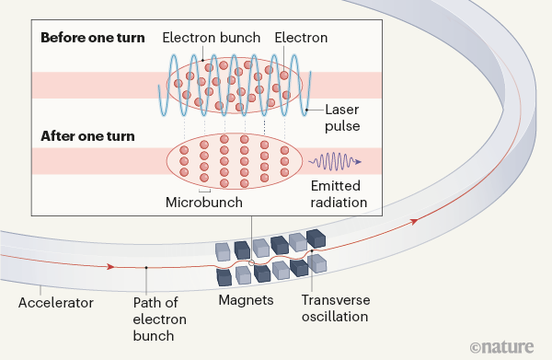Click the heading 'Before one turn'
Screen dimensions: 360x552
(90, 38)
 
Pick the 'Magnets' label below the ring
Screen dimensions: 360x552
(245, 300)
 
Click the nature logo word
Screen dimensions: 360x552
(513, 345)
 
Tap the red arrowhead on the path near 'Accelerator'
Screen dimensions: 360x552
(110, 266)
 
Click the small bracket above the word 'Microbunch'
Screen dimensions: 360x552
(204, 189)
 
